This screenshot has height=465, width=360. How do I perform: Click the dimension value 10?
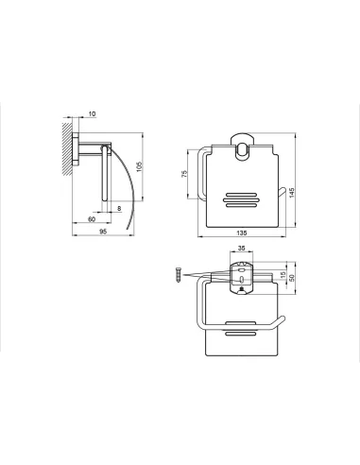[x=92, y=113]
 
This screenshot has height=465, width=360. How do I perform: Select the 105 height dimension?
[x=140, y=166]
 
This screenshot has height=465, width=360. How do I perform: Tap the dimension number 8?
[x=119, y=208]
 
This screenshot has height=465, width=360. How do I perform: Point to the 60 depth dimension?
[x=92, y=219]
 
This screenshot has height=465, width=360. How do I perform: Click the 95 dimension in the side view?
[x=103, y=232]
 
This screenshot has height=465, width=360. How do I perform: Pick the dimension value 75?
[x=184, y=174]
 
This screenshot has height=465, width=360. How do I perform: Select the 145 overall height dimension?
[x=292, y=193]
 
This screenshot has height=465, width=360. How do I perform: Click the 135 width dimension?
[x=242, y=232]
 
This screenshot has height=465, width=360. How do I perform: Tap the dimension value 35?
[x=241, y=249]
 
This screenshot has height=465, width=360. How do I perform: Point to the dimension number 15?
[x=283, y=276]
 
